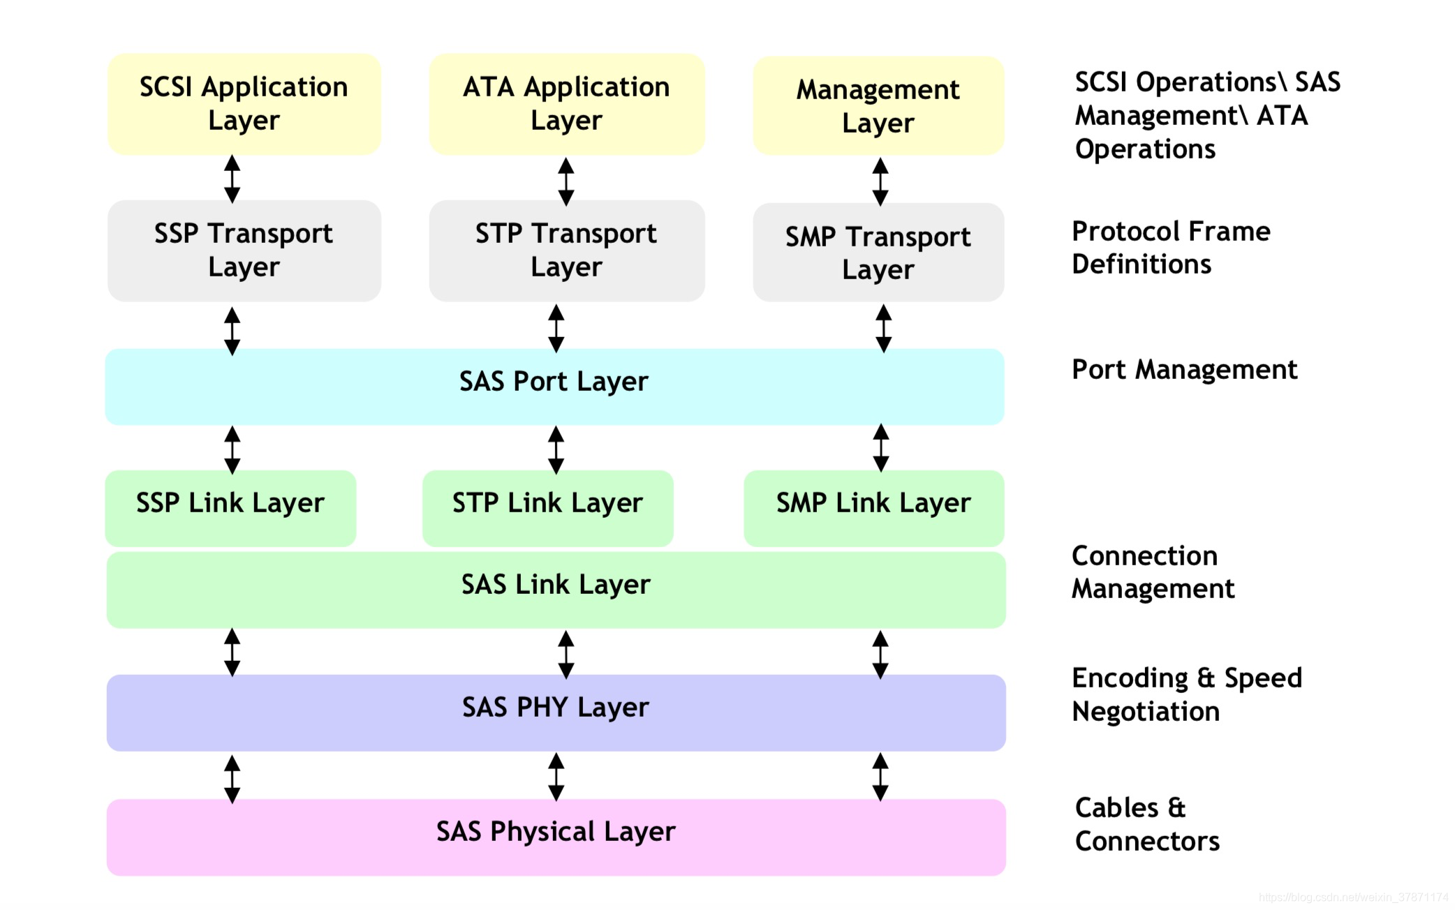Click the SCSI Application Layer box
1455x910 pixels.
tap(244, 104)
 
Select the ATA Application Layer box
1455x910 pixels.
tap(567, 104)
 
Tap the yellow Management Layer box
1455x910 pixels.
tap(878, 105)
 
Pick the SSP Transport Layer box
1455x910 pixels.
tap(244, 251)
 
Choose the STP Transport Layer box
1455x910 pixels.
tap(567, 251)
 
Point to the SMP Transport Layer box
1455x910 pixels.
tap(878, 252)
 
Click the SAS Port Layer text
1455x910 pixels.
tap(554, 382)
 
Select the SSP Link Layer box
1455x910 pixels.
tap(230, 508)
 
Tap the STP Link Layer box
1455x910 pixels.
tap(548, 508)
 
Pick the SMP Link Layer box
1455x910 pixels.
tap(874, 508)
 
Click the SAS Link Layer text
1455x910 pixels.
tap(556, 585)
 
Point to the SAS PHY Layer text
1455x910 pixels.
tap(556, 708)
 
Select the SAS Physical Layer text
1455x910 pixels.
tap(556, 832)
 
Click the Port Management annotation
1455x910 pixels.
tap(1185, 370)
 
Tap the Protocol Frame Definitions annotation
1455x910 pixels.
tap(1172, 248)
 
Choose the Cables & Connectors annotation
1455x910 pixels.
tap(1147, 824)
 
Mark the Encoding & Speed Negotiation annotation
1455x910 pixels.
tap(1187, 695)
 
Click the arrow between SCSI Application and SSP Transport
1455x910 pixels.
tap(232, 179)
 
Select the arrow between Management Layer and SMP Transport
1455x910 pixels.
tap(880, 181)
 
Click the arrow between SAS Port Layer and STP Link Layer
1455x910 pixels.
tap(556, 450)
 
